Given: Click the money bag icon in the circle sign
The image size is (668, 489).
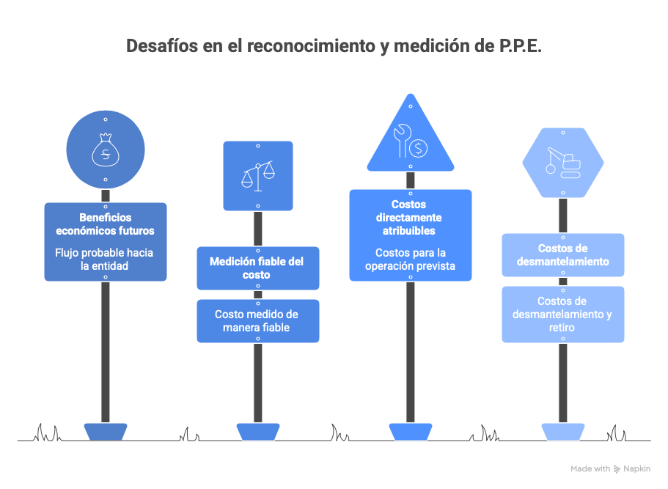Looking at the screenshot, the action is pos(106,150).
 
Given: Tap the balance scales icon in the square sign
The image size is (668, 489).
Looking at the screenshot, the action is pos(258,176).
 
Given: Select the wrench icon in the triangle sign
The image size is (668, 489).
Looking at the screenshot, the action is pos(402,141).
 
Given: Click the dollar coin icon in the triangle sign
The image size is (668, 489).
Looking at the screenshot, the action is pos(419,149).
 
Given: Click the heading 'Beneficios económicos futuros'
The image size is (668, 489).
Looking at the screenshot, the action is pos(106,224).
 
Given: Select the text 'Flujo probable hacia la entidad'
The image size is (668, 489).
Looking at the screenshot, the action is pos(104,260).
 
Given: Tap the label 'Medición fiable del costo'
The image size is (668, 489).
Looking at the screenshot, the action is pos(257,268).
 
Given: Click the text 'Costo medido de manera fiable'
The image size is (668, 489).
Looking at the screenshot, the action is pos(257,321).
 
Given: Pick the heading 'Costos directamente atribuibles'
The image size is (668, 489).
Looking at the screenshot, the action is pos(409,218).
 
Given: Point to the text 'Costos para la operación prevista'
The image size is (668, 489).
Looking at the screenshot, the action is pos(410,260).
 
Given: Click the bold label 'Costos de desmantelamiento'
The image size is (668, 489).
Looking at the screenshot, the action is pos(562,254).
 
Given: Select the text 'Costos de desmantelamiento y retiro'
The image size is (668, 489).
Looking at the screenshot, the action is pos(562,315).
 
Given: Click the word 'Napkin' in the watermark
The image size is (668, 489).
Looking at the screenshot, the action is pos(637,468).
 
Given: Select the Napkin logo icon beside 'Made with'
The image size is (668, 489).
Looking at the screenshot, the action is pos(617,469).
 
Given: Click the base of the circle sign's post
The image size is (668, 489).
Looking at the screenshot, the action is pos(106,432).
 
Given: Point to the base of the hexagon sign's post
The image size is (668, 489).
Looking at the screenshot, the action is pos(562,432).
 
